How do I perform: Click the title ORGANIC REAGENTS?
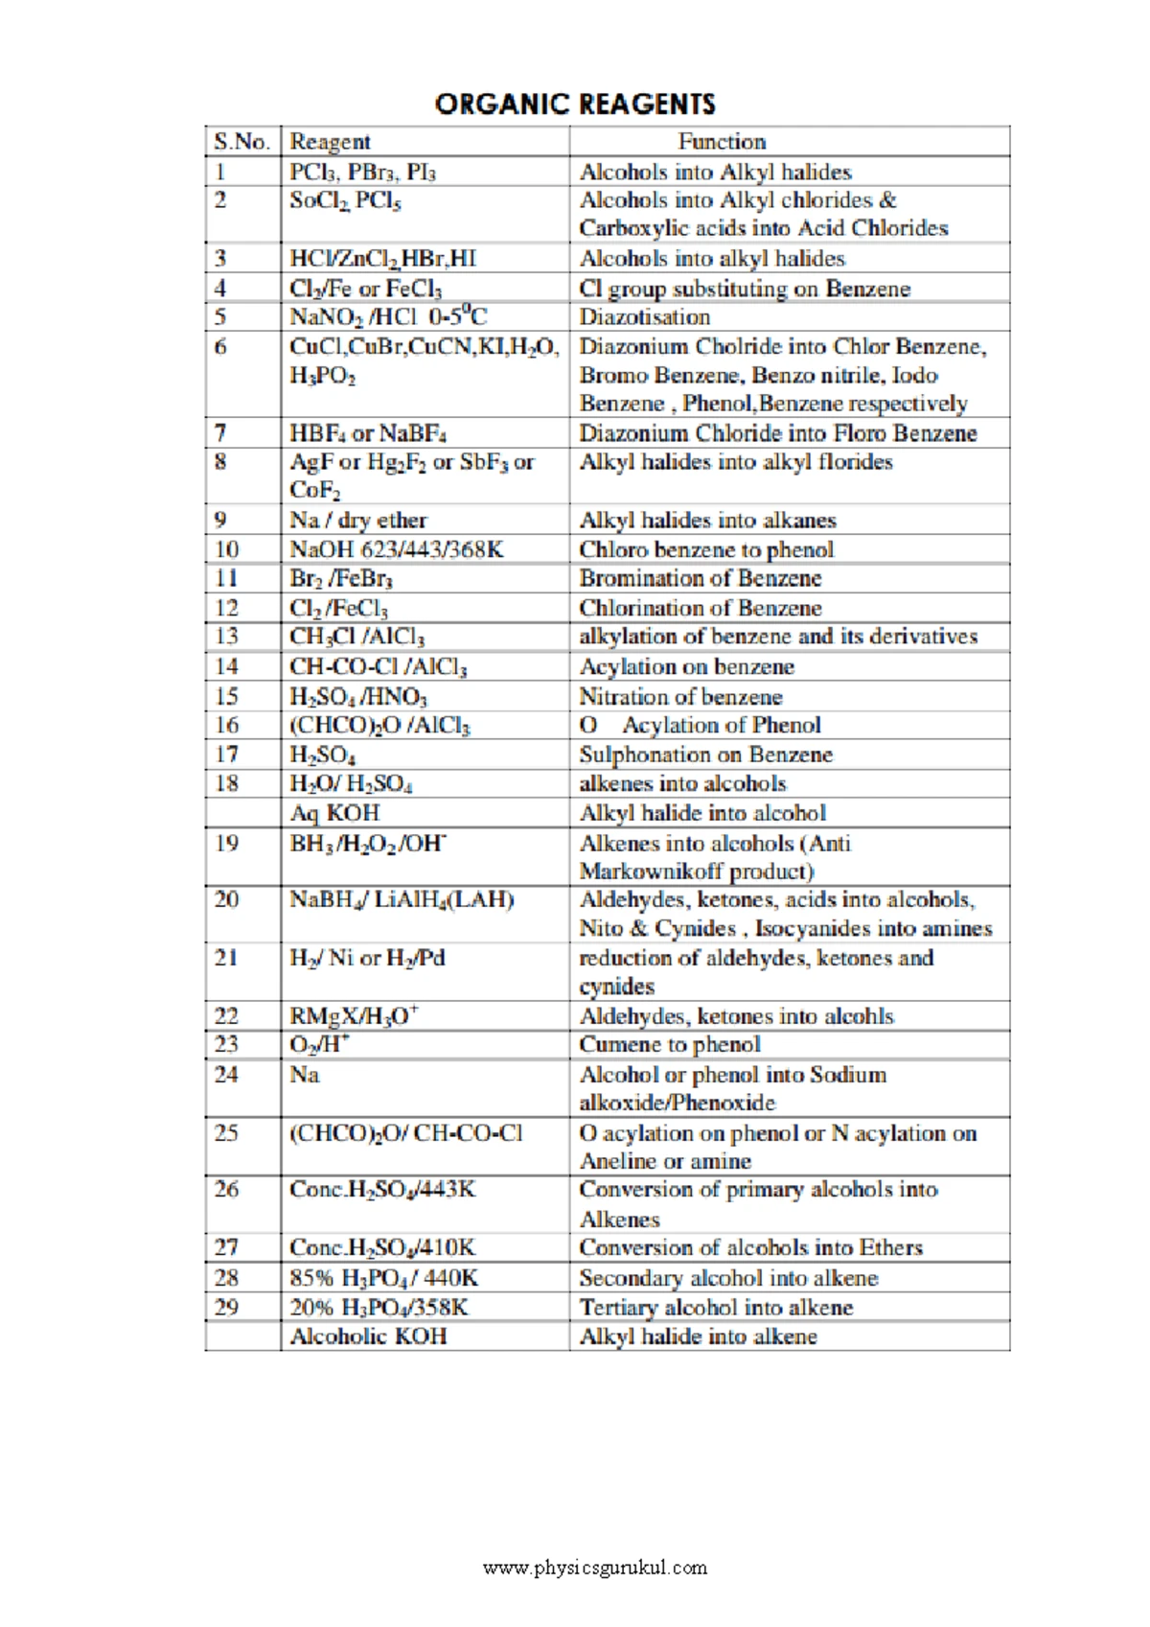coord(575,104)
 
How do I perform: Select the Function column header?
coord(722,142)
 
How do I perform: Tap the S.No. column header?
coord(241,142)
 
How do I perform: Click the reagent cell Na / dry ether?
coord(358,520)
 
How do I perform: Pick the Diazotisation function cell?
coord(644,317)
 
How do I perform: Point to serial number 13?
coord(226,637)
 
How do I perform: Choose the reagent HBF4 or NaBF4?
coord(368,433)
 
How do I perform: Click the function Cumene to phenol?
coord(669,1044)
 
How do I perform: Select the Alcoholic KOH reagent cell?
coord(368,1336)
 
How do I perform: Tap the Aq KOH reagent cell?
coord(334,813)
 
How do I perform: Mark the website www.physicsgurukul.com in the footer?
coord(595,1569)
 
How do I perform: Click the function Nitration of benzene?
coord(680,697)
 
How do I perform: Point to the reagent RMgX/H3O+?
coord(354,1015)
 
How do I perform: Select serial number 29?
coord(226,1308)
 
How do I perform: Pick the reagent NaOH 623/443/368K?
coord(397,549)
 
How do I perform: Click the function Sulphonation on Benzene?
coord(705,755)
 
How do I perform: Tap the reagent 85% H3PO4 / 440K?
coord(383,1278)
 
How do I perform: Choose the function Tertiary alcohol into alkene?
coord(715,1308)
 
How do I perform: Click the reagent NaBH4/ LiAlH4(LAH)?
coord(402,900)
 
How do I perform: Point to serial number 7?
coord(220,433)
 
